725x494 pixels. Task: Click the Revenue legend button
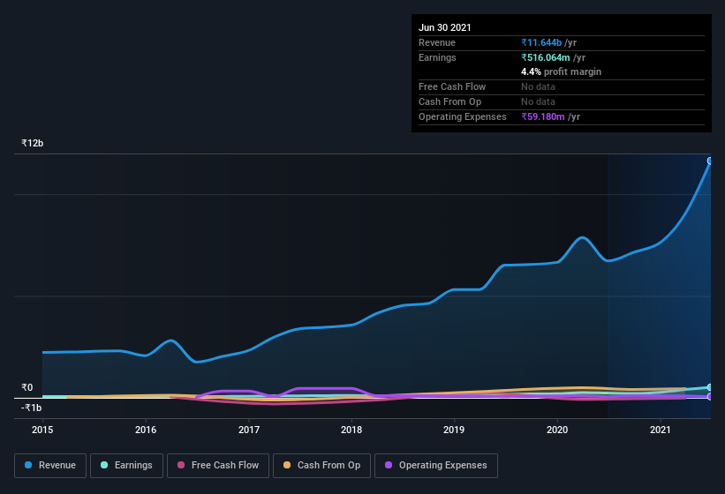pyautogui.click(x=50, y=465)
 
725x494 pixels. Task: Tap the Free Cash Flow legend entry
pyautogui.click(x=218, y=465)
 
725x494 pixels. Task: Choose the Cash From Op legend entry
pyautogui.click(x=321, y=465)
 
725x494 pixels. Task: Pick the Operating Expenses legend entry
pyautogui.click(x=436, y=465)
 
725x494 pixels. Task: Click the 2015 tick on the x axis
pyautogui.click(x=42, y=430)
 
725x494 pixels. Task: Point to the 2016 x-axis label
pyautogui.click(x=146, y=430)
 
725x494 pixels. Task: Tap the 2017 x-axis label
pyautogui.click(x=249, y=430)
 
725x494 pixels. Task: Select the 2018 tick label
pyautogui.click(x=351, y=430)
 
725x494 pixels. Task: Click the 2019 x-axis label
pyautogui.click(x=454, y=430)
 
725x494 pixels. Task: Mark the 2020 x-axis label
pyautogui.click(x=557, y=430)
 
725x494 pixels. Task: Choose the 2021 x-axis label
pyautogui.click(x=661, y=430)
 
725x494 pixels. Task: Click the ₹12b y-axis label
pyautogui.click(x=33, y=143)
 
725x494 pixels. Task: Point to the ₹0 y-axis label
pyautogui.click(x=26, y=387)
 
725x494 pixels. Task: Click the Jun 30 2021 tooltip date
pyautogui.click(x=445, y=27)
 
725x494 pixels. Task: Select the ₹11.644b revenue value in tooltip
pyautogui.click(x=548, y=42)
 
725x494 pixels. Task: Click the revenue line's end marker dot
pyautogui.click(x=710, y=161)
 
